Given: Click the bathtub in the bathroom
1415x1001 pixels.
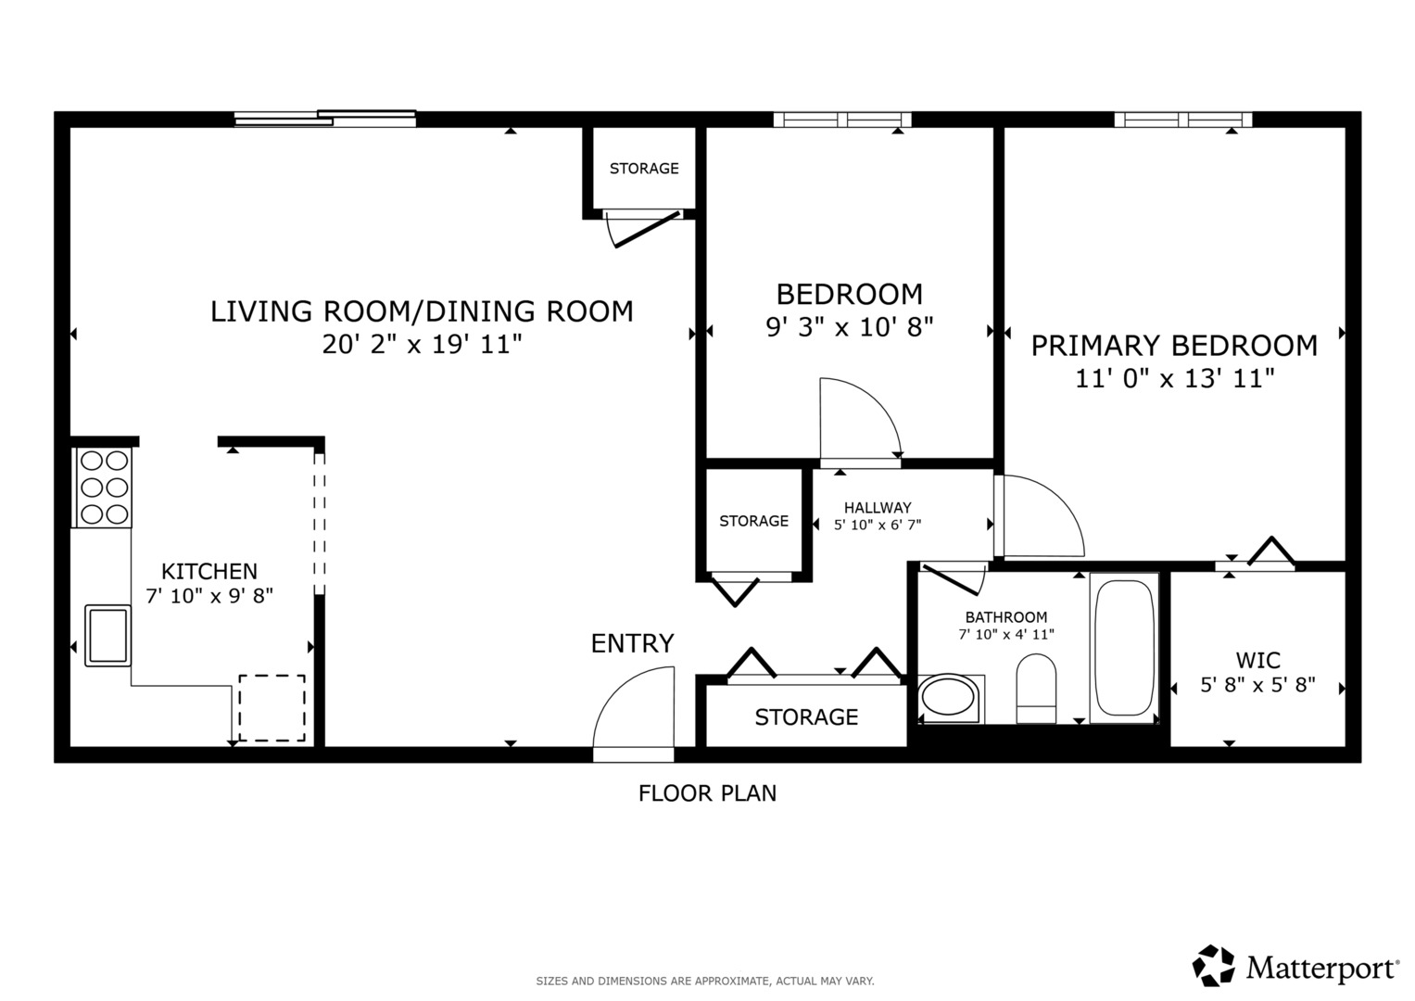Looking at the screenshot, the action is coord(1124,649).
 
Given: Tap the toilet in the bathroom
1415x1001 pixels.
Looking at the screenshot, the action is coord(1036,689).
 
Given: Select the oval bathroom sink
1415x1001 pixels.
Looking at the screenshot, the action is coord(948,699).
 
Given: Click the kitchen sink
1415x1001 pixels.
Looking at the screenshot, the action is coord(108,636).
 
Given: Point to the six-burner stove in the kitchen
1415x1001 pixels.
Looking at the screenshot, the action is coord(104,488).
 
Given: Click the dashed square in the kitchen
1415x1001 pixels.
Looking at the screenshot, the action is coord(272,708).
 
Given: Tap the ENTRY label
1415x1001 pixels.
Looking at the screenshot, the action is coord(632,643).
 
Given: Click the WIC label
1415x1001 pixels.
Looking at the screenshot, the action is coord(1258,660).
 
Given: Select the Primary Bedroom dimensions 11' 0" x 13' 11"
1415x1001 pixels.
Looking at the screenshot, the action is coord(1175,378).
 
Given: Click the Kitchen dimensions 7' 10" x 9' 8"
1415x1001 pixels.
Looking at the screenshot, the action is coord(209,596).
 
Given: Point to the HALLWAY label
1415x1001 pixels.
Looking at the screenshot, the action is coord(878,508).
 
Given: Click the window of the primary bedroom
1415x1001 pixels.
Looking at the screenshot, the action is coord(1183,120).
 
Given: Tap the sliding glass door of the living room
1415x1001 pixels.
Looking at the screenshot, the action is coord(325,119).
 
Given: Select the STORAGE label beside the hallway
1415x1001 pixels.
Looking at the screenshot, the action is coord(753,521).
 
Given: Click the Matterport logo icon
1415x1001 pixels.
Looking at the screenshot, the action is coord(1214,965).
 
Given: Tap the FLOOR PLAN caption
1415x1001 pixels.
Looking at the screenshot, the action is coord(708,793).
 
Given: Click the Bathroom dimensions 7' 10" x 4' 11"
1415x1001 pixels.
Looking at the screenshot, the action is coord(1006,634).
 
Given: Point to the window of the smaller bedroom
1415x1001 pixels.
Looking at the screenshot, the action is coord(842,120).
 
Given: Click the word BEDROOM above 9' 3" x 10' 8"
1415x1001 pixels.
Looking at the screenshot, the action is coord(850,295).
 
